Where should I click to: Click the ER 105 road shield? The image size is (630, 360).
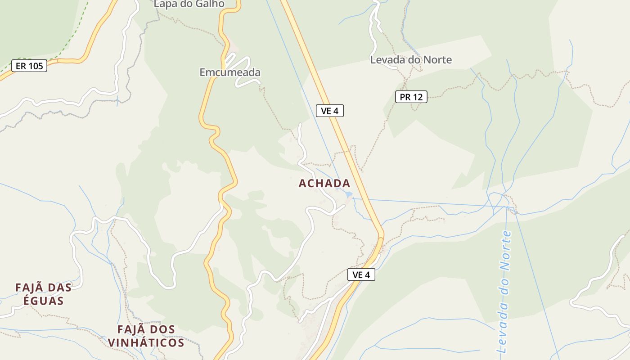(29, 66)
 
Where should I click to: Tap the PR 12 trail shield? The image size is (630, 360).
(411, 97)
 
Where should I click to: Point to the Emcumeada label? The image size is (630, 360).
(230, 72)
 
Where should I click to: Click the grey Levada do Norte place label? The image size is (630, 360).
(411, 60)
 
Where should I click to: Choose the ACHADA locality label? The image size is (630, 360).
(324, 183)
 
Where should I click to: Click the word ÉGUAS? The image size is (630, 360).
(43, 301)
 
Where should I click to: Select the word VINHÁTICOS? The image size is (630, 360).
(146, 342)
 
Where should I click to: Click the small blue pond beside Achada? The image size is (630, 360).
(348, 194)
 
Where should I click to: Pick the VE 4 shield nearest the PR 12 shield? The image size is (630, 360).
(330, 111)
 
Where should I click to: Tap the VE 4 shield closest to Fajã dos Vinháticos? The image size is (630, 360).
(361, 274)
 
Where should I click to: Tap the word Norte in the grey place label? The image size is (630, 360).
(435, 60)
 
